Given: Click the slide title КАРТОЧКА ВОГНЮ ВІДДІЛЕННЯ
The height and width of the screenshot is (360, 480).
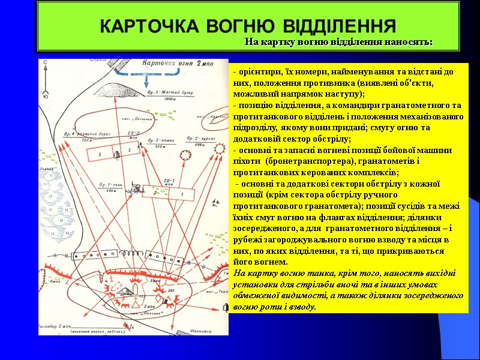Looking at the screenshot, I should (247, 26).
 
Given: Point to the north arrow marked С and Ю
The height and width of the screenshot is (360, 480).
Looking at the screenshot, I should (46, 81).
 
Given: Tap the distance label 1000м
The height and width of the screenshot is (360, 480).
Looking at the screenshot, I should (169, 99).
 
